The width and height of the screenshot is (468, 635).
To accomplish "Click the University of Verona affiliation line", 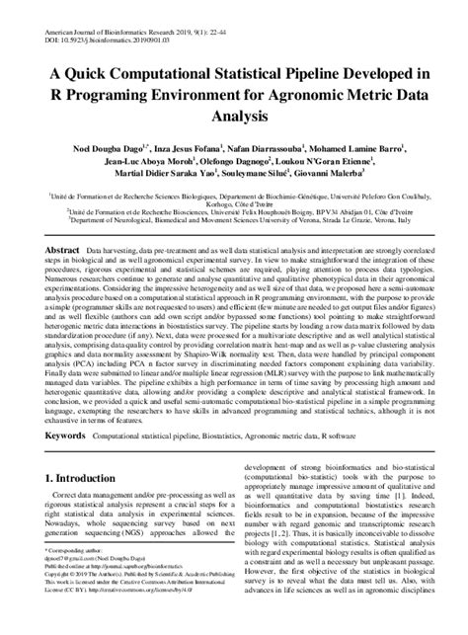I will pyautogui.click(x=234, y=222).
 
